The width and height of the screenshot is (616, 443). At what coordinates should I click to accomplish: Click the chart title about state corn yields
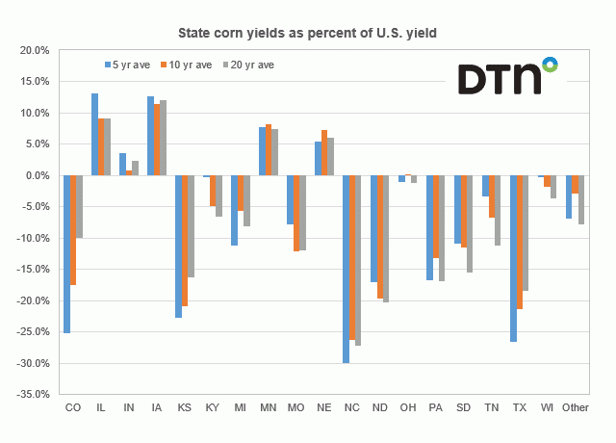coord(308,32)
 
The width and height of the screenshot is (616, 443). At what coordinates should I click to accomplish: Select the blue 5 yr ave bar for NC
coord(346,269)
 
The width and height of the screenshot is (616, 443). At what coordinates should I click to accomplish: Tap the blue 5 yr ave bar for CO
coord(66,254)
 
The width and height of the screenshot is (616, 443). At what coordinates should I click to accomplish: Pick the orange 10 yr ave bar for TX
coord(521,242)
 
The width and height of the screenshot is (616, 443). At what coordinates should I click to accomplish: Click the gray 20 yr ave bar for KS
coord(192,226)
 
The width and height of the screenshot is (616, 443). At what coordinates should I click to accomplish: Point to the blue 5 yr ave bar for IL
coord(94,135)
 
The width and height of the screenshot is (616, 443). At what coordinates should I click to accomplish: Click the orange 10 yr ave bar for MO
coord(297,213)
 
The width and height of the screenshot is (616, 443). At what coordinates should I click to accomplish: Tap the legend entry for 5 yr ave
coord(129,65)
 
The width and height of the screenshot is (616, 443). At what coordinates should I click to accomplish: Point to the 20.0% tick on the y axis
coord(35,50)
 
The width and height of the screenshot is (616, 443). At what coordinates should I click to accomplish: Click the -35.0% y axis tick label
coord(33,395)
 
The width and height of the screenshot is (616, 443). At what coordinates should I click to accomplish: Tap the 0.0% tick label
coord(37,175)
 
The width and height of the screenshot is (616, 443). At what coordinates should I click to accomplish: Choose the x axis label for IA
coord(157,408)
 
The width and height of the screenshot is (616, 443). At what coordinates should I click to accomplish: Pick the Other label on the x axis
coord(576,408)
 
